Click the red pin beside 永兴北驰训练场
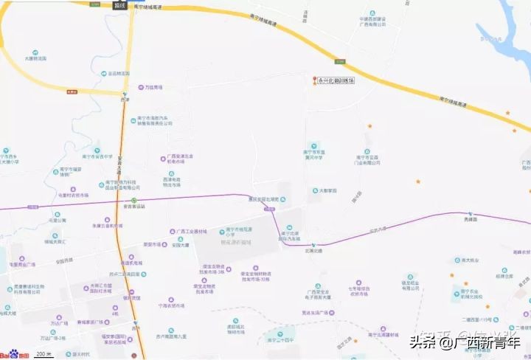coord(315,80)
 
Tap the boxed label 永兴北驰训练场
coord(336,80)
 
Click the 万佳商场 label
coord(153,87)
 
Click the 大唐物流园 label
coord(35,58)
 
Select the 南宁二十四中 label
coord(280,342)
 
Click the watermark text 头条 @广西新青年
coord(465,342)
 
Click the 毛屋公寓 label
coord(58,220)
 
